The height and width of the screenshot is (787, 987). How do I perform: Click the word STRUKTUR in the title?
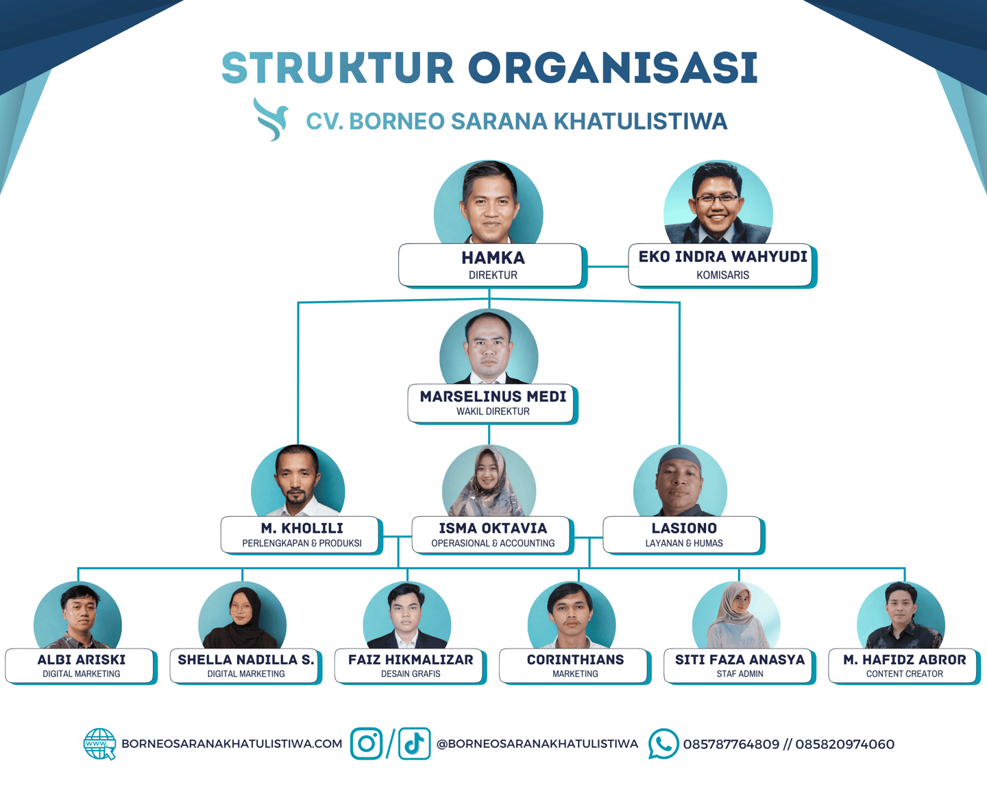click(x=338, y=68)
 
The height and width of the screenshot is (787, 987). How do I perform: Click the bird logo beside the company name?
click(x=270, y=119)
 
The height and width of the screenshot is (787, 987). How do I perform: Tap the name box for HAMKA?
click(x=491, y=265)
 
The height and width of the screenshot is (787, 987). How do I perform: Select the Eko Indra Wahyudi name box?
click(x=721, y=265)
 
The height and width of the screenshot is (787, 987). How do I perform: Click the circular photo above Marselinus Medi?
click(x=489, y=347)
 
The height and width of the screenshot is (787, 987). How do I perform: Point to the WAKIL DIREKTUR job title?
click(x=493, y=411)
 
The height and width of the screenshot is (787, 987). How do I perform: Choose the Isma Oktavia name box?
click(x=492, y=535)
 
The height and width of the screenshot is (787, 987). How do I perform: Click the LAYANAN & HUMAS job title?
click(x=683, y=543)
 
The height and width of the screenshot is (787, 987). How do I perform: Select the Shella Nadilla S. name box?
click(x=245, y=666)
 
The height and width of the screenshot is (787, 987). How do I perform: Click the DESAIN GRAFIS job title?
click(x=411, y=674)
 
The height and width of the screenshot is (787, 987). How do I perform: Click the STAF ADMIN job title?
click(x=740, y=674)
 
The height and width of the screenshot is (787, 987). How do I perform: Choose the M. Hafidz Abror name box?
click(x=903, y=666)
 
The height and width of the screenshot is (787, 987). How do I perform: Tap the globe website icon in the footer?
click(x=99, y=744)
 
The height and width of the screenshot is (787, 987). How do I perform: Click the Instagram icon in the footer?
click(x=367, y=744)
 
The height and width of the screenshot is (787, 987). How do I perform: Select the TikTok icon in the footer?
click(x=414, y=744)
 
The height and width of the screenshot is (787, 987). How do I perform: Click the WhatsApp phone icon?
click(x=663, y=744)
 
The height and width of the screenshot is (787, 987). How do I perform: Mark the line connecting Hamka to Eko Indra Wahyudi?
click(x=607, y=266)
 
